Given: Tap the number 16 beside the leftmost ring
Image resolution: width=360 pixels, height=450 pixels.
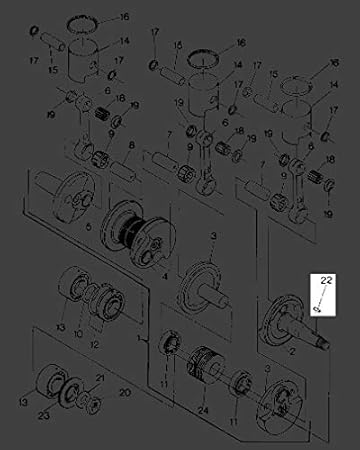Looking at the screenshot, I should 124,18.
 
